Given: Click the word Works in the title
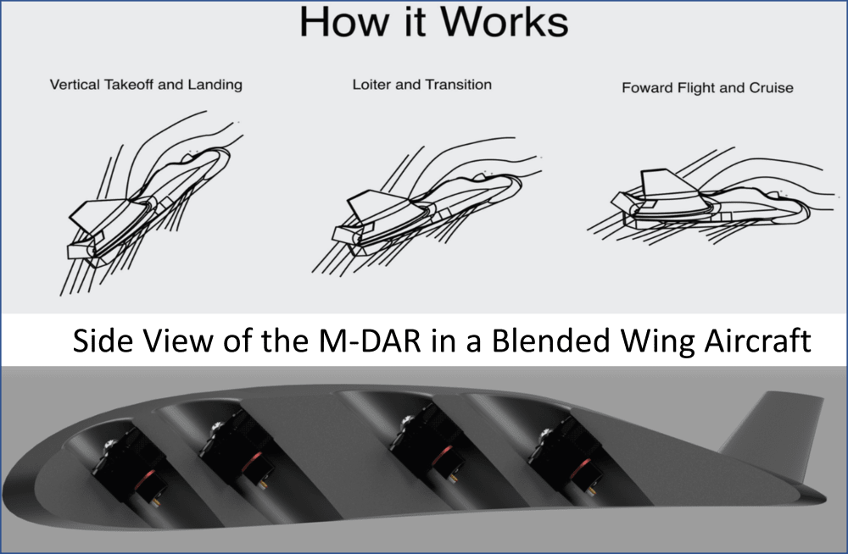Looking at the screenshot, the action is coord(504,22).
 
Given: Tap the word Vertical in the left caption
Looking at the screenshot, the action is coord(75,85).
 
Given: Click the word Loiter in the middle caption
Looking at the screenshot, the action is coord(372,85).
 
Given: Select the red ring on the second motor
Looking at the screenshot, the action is coord(252,464).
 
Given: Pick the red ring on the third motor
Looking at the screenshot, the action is coord(443,455).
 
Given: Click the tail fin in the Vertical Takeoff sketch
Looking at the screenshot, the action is coord(99,216).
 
